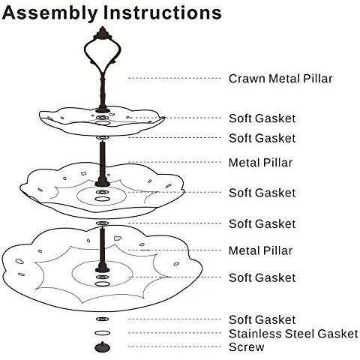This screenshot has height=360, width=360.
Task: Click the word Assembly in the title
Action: [49, 13]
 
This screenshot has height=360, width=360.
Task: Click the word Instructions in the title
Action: [162, 13]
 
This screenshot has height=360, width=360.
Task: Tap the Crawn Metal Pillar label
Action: [280, 79]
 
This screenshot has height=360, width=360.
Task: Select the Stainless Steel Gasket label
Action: [293, 334]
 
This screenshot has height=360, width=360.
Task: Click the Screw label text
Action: [247, 347]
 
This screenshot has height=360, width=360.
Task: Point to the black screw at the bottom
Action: [103, 347]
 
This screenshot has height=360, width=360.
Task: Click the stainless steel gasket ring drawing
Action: [103, 333]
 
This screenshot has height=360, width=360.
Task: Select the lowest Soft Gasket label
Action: [262, 320]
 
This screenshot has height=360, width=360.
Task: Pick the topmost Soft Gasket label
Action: [262, 118]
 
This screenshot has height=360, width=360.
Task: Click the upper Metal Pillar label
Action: [260, 163]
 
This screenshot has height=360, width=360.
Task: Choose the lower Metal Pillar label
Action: [260, 250]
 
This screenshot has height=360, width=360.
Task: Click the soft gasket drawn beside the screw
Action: [103, 319]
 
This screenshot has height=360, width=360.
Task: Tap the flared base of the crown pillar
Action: [103, 109]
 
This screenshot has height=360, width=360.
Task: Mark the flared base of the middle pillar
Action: [103, 183]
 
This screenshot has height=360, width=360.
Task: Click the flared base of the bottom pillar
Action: [103, 268]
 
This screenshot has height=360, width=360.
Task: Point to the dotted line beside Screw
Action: [175, 346]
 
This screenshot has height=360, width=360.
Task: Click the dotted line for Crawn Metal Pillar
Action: [175, 79]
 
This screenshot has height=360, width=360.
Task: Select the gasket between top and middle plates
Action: [103, 138]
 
